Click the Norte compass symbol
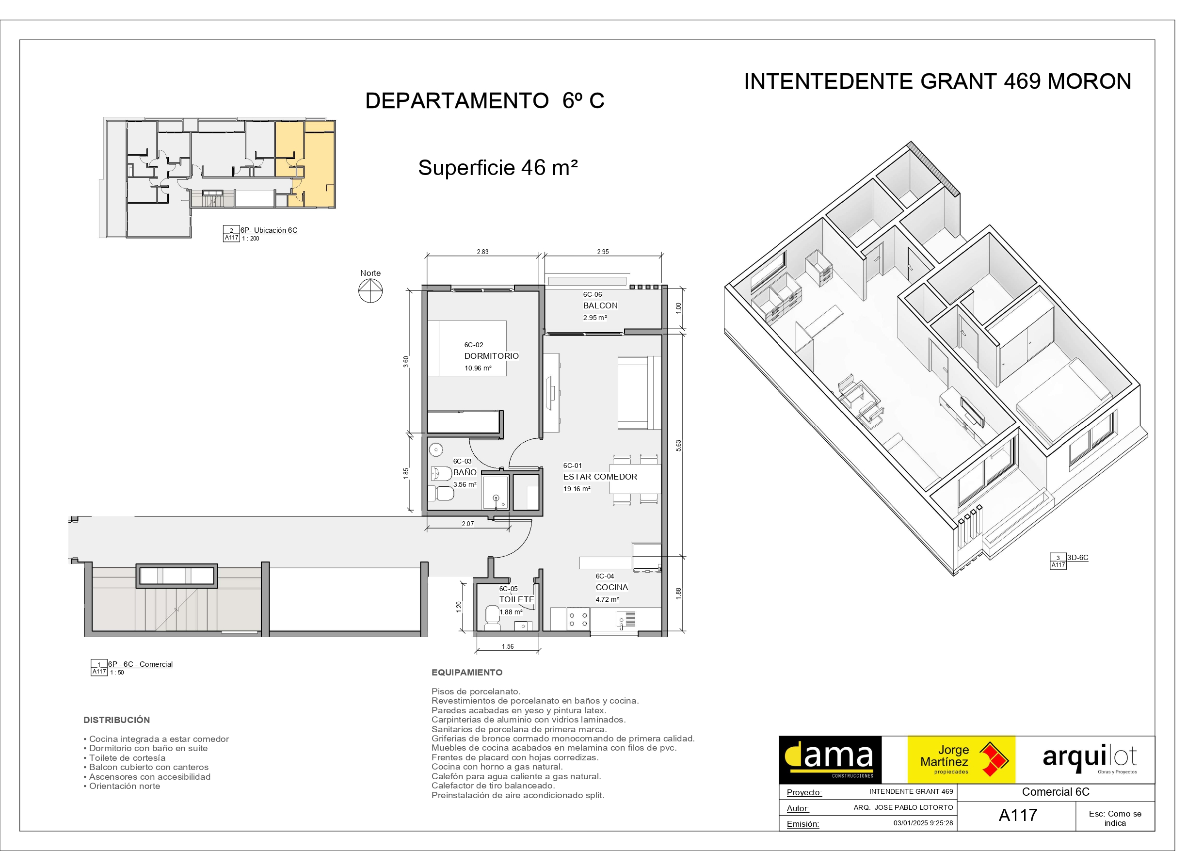tap(370, 291)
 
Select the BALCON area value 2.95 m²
tap(594, 318)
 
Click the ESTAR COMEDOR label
tap(600, 477)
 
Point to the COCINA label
tap(611, 587)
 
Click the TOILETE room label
tap(516, 599)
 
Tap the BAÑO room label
tap(464, 472)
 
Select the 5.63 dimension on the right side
tap(678, 446)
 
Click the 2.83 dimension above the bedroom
tap(482, 252)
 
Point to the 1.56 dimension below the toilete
tap(507, 647)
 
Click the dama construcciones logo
tap(830, 760)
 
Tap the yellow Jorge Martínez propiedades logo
tap(961, 760)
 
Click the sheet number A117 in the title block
tap(1017, 816)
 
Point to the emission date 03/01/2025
tap(923, 823)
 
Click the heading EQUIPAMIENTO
tap(467, 672)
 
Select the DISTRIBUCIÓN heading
tap(116, 720)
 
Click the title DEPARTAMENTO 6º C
tap(485, 100)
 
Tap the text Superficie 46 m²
tap(498, 168)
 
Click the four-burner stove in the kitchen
tap(578, 619)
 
